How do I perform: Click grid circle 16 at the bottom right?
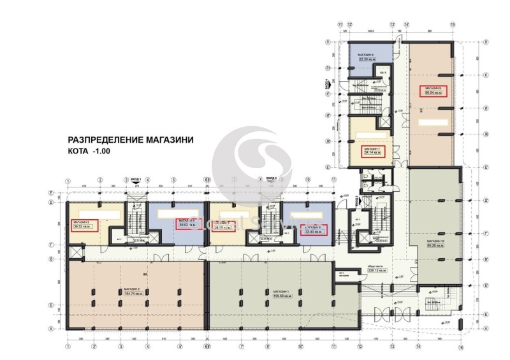pyautogui.click(x=460, y=347)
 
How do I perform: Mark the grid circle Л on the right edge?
pyautogui.click(x=486, y=41)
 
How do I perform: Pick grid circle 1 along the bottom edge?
pyautogui.click(x=66, y=347)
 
